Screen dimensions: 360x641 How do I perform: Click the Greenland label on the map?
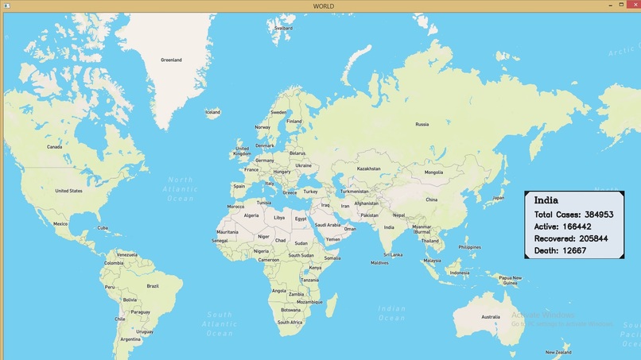[171, 60]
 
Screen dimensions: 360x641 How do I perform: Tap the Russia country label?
[422, 124]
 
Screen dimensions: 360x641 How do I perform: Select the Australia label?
[491, 317]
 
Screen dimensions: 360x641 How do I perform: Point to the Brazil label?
[153, 286]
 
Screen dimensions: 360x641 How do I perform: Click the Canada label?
[54, 147]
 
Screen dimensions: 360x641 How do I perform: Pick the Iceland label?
[212, 112]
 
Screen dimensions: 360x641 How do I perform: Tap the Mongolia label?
[433, 172]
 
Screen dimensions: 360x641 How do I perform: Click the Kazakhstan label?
[369, 168]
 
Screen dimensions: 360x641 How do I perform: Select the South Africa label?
[289, 322]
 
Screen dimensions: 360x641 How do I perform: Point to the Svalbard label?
[283, 28]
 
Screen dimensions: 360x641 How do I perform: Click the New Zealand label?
[558, 352]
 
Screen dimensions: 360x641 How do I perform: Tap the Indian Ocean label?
[392, 313]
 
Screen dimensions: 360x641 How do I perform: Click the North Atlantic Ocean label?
[181, 188]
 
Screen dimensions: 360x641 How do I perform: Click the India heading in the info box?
[546, 200]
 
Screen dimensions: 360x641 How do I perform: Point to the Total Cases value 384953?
[597, 215]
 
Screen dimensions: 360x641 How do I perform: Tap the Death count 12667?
[574, 250]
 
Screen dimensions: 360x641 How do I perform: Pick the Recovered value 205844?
[593, 238]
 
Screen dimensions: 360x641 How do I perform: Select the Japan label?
[498, 198]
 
